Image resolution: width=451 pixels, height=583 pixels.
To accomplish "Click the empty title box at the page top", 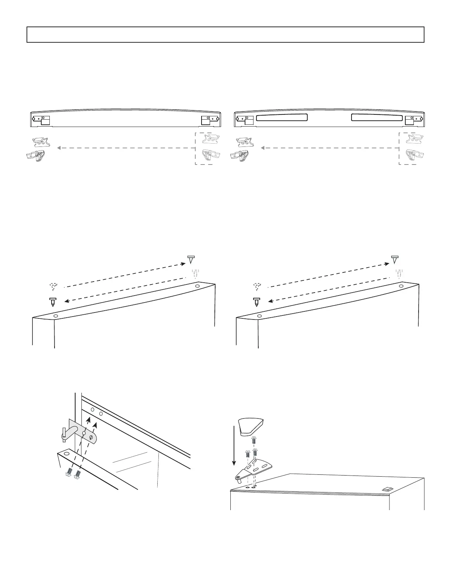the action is (x=225, y=35).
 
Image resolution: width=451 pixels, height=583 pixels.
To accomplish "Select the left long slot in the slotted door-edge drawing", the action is (x=282, y=117).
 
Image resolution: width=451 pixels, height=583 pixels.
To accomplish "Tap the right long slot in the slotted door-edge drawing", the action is (x=376, y=117).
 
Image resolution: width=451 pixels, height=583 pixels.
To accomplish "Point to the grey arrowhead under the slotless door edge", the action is (x=59, y=148).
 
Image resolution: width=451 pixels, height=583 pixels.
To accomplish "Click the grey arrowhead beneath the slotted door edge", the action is (x=263, y=148).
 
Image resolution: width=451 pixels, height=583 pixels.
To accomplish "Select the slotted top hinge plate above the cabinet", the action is (x=255, y=469).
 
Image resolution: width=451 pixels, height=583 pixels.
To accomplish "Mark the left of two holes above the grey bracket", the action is (x=92, y=409).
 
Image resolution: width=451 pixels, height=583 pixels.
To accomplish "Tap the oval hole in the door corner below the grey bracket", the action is (x=66, y=453).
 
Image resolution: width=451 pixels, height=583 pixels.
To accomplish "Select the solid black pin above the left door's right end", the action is (x=191, y=259).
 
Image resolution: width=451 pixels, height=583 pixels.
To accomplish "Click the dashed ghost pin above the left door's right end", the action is (x=196, y=274).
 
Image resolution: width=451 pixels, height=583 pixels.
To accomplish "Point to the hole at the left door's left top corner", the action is (x=56, y=316).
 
